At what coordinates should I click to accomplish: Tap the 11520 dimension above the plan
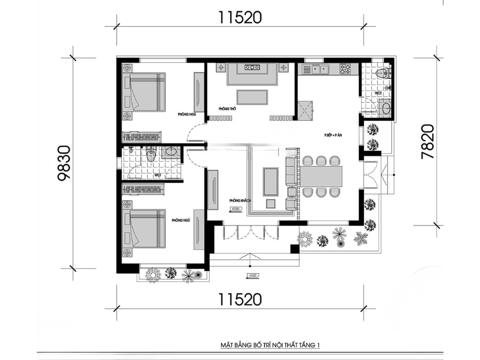(240, 18)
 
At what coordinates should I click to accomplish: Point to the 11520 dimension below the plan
(240, 300)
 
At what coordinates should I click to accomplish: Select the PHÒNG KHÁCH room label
(240, 200)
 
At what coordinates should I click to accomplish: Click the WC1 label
(157, 175)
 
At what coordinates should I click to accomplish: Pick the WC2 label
(378, 92)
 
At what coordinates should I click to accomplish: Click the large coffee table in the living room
(271, 181)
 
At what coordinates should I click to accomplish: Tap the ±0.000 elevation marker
(236, 209)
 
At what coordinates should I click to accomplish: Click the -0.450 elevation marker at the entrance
(251, 276)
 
